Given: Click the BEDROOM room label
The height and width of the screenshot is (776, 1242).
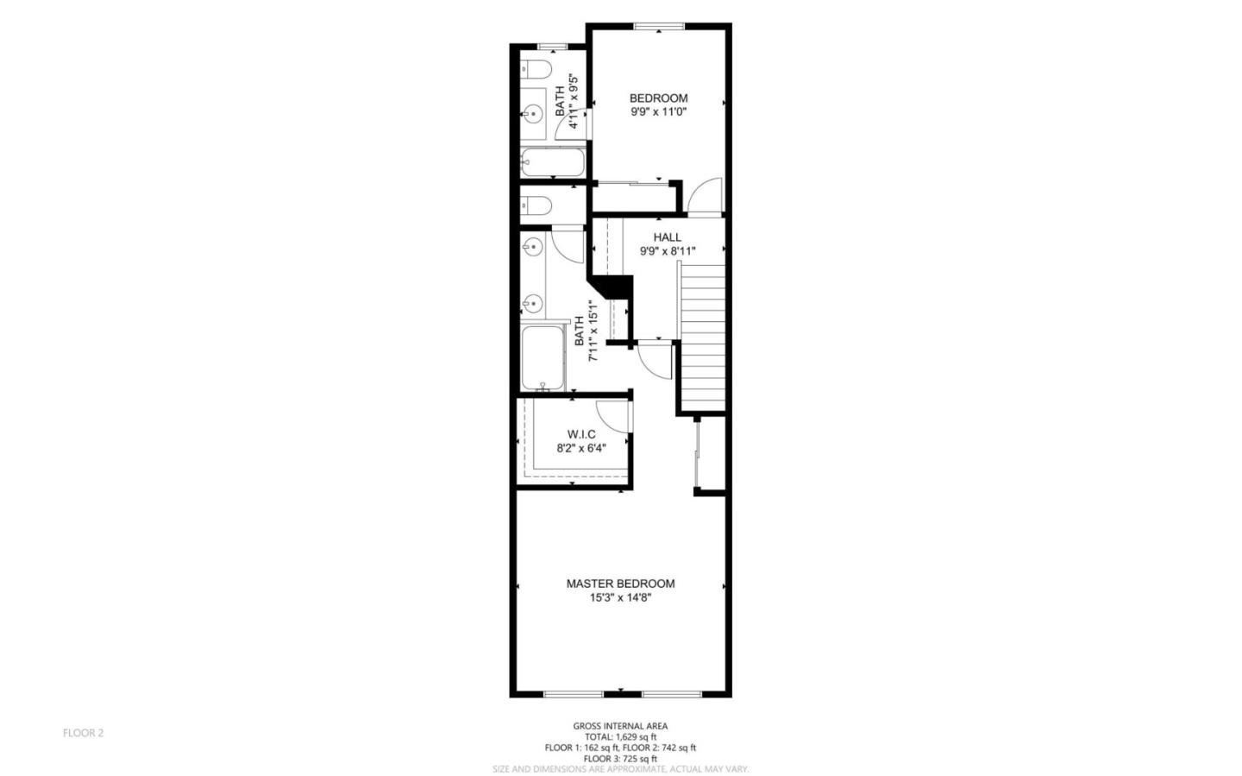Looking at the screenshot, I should (658, 98).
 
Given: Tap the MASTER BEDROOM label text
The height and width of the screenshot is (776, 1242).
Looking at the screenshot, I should (620, 584).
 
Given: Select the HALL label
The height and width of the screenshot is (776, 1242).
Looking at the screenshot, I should (667, 237).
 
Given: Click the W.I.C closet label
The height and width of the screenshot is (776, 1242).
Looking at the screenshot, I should (581, 434).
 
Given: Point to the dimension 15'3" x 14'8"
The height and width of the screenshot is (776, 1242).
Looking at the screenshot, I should (620, 597).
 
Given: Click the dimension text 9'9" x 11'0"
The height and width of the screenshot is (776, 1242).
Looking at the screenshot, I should (658, 112).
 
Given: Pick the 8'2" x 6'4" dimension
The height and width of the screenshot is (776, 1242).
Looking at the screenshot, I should (581, 448).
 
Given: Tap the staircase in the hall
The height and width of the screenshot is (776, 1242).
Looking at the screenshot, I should (702, 337).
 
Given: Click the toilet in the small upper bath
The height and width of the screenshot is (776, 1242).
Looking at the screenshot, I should (535, 70).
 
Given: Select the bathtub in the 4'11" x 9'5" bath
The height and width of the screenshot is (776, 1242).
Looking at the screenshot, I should (553, 162).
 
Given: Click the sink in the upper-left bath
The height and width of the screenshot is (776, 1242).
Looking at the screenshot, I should (533, 113).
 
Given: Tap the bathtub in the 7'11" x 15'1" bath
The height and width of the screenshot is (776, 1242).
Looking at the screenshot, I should (543, 359).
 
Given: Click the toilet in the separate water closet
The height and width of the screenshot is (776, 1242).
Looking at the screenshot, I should (536, 205).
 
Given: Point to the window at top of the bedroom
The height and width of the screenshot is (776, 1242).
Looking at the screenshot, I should (659, 27).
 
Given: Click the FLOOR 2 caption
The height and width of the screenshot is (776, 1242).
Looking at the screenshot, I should (83, 733).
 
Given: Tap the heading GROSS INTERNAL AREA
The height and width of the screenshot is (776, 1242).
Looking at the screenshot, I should (620, 726).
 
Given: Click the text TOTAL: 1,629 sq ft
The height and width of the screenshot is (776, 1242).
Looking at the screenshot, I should (620, 737).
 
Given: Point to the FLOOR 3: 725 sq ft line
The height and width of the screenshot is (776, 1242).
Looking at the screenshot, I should (620, 759).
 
